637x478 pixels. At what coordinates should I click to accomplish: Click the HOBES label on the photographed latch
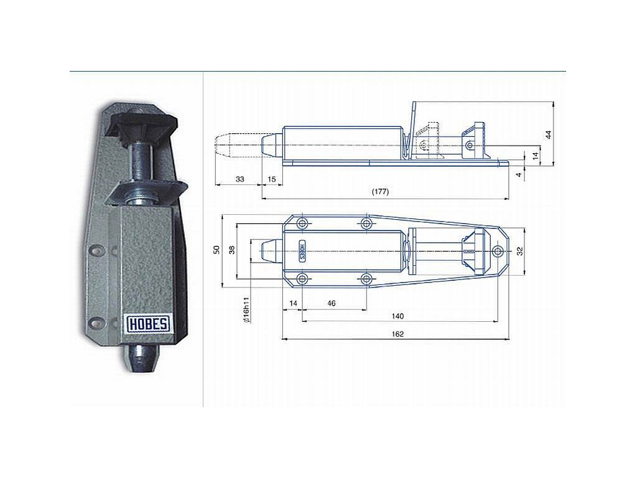pyautogui.click(x=149, y=324)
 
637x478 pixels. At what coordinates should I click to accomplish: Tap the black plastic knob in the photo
pyautogui.click(x=144, y=123)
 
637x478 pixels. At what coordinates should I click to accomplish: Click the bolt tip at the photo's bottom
pyautogui.click(x=142, y=358)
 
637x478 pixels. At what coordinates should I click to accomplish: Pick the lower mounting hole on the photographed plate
pyautogui.click(x=96, y=321)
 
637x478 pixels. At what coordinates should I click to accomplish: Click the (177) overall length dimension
pyautogui.click(x=380, y=192)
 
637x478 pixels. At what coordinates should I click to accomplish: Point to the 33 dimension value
pyautogui.click(x=239, y=179)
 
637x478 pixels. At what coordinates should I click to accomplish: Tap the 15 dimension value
pyautogui.click(x=271, y=179)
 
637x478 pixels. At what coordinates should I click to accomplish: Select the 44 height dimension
pyautogui.click(x=548, y=134)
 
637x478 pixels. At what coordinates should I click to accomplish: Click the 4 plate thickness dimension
pyautogui.click(x=519, y=174)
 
